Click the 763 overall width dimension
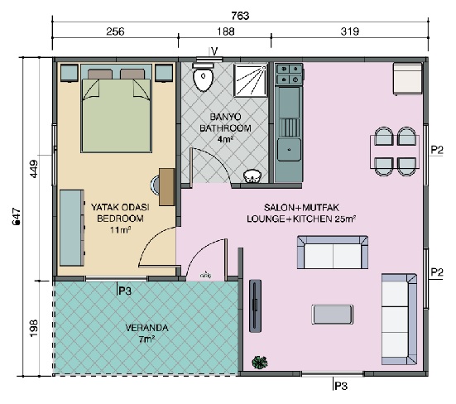(x=240, y=16)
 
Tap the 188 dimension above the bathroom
(x=226, y=31)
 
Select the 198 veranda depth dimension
(x=34, y=328)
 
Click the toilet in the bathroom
(x=204, y=76)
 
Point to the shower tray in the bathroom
(x=251, y=80)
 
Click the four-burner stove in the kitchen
(x=290, y=75)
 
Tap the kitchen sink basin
(x=289, y=150)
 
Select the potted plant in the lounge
(x=260, y=363)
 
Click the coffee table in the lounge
(x=333, y=314)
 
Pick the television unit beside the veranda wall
(x=255, y=305)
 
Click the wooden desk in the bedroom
(x=166, y=187)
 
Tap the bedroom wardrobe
(x=72, y=228)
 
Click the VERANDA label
(x=146, y=328)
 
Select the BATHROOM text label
(x=225, y=128)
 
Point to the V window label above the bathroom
(x=214, y=52)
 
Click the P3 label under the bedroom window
(x=125, y=291)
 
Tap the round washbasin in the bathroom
(x=252, y=176)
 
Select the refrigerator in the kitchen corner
(x=407, y=79)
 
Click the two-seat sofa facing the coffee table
(x=333, y=252)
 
